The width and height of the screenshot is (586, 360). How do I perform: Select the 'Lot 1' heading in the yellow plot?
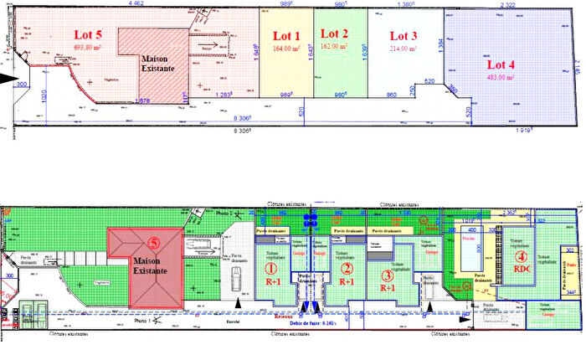286,35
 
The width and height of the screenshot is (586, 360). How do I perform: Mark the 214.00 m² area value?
404,49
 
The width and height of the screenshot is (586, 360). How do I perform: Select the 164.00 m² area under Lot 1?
286,49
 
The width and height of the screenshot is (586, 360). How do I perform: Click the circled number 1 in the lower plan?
270,269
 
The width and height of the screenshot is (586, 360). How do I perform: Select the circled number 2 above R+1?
345,269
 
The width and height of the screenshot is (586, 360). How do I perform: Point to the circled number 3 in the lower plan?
387,274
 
